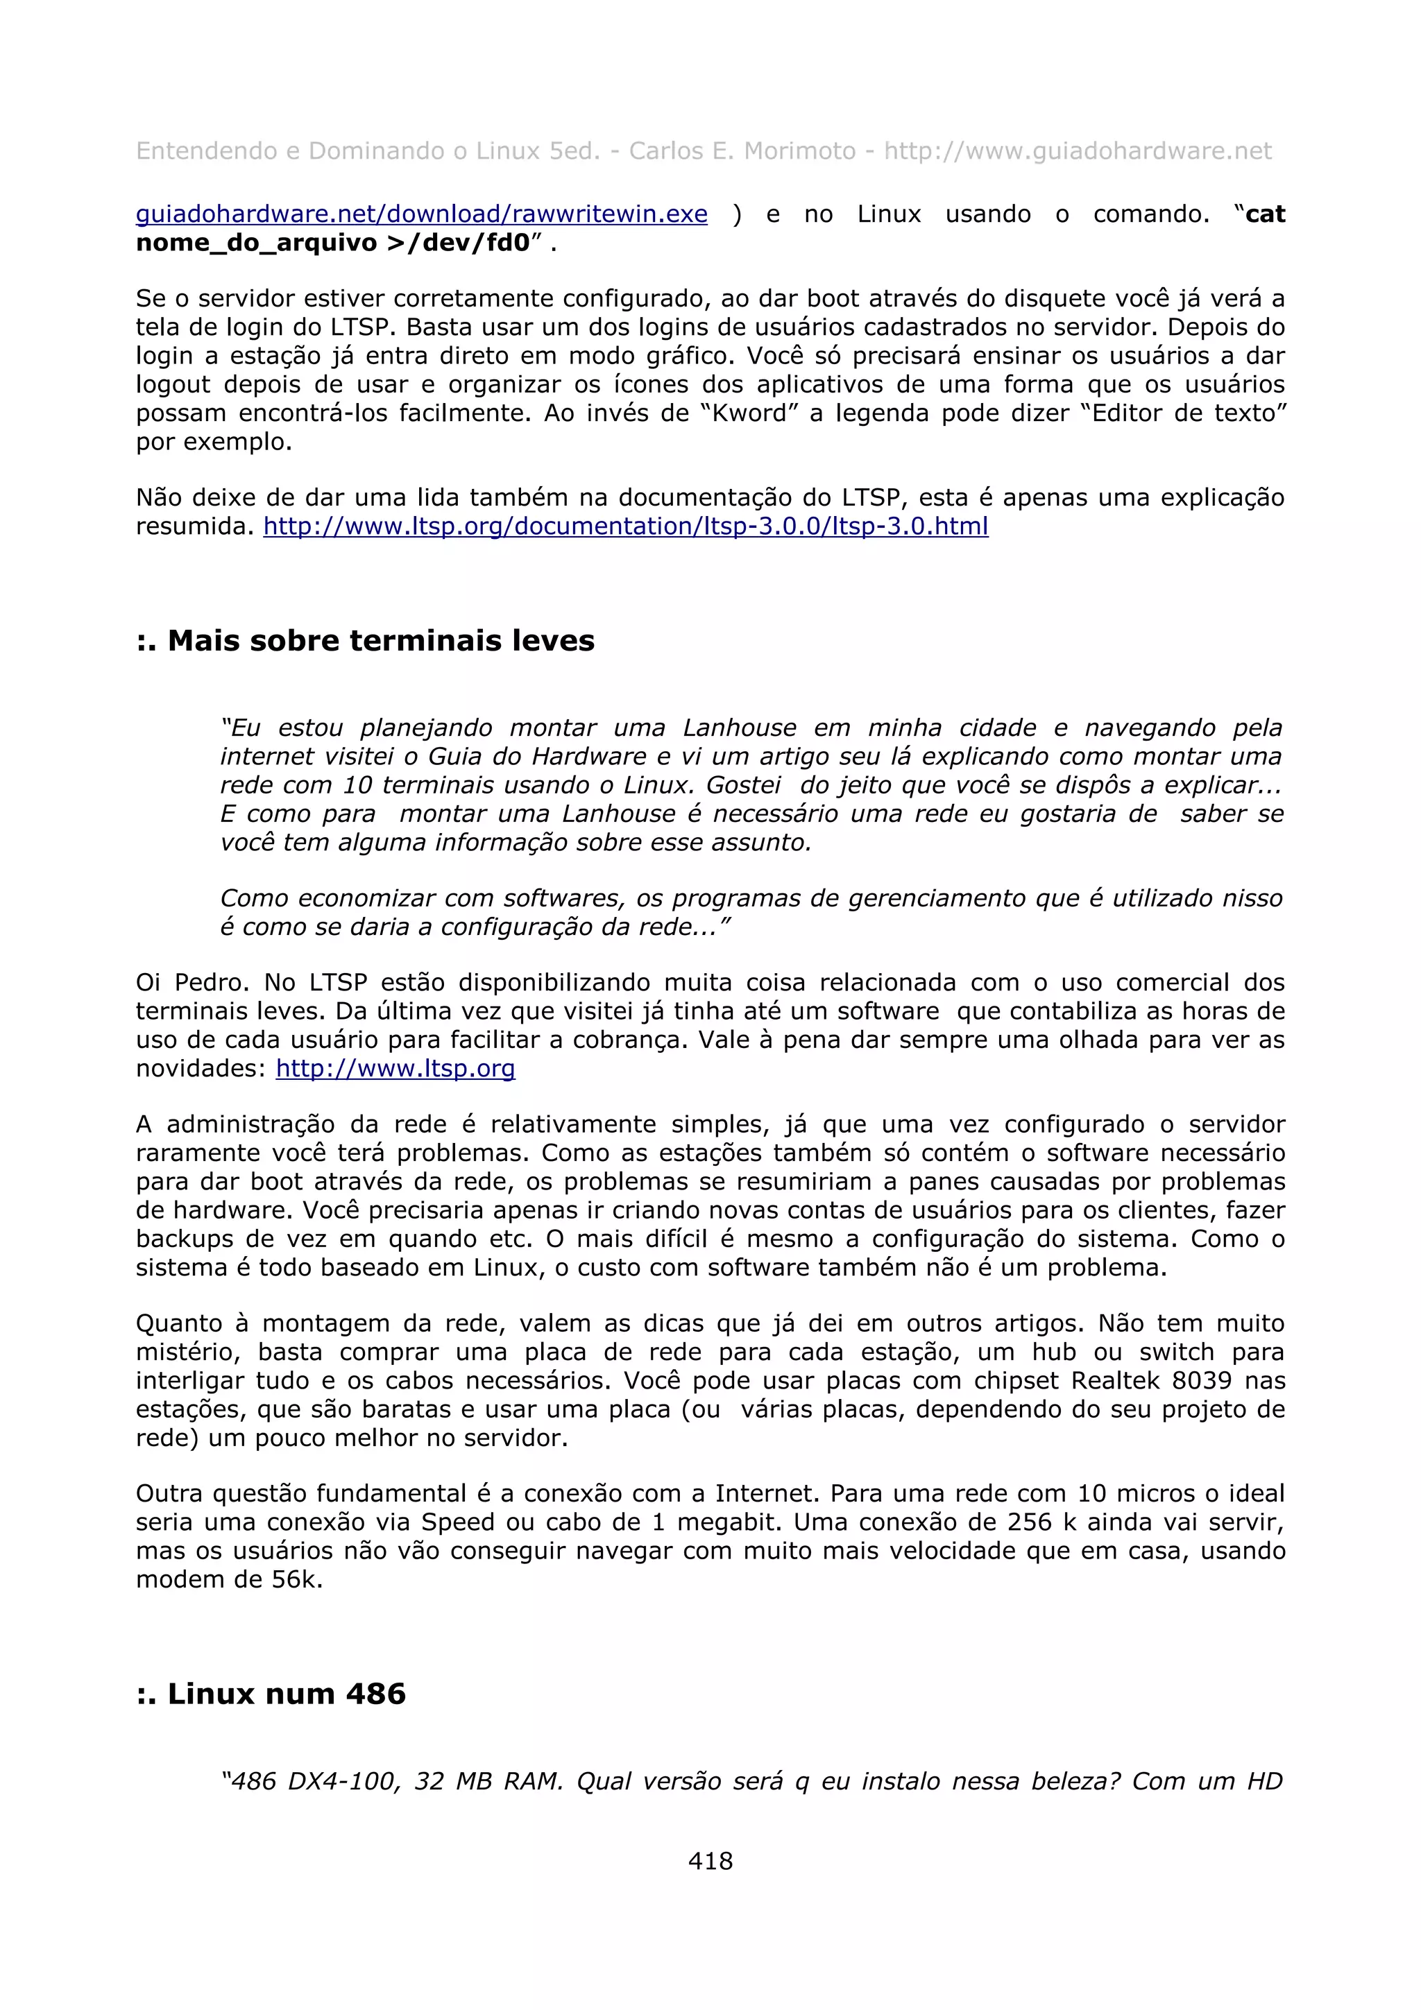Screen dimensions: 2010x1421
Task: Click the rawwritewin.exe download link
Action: pyautogui.click(x=421, y=214)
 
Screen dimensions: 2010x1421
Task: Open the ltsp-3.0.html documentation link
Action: pyautogui.click(x=625, y=526)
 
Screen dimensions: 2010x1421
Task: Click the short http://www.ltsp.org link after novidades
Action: pyautogui.click(x=395, y=1069)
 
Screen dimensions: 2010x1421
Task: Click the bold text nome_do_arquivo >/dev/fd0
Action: pyautogui.click(x=333, y=243)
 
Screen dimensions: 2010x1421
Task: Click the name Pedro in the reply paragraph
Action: pyautogui.click(x=211, y=983)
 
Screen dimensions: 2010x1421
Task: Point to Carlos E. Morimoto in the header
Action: pyautogui.click(x=742, y=151)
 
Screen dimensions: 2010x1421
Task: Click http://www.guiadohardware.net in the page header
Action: pyautogui.click(x=1077, y=151)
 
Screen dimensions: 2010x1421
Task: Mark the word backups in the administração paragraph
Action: pyautogui.click(x=184, y=1239)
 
